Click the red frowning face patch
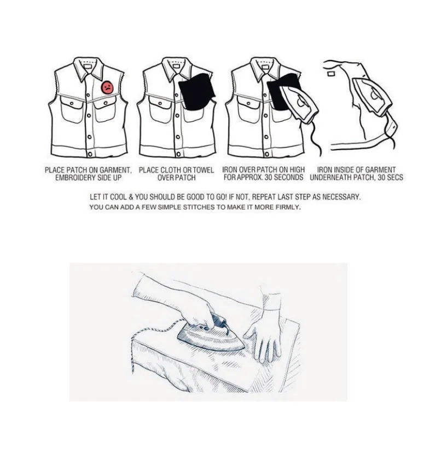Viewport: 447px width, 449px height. (107, 87)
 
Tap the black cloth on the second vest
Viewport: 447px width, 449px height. (197, 92)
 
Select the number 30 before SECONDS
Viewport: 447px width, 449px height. (268, 178)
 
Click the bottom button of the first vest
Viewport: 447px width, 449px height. (90, 155)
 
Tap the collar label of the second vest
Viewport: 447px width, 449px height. (176, 66)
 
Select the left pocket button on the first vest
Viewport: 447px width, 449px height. (72, 103)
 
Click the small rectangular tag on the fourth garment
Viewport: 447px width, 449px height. (331, 74)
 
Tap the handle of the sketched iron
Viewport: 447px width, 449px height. (219, 323)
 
